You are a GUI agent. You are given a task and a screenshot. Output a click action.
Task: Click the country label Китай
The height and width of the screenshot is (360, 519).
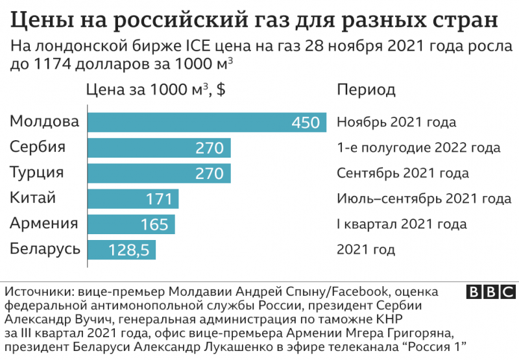33,198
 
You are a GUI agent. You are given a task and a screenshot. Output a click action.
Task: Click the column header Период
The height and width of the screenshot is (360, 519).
366,90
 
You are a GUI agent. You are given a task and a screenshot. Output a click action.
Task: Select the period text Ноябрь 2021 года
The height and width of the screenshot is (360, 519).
396,122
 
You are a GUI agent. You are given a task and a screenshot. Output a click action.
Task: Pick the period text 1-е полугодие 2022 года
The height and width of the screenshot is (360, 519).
418,147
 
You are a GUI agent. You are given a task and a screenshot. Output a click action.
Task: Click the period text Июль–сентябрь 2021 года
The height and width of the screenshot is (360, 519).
424,198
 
